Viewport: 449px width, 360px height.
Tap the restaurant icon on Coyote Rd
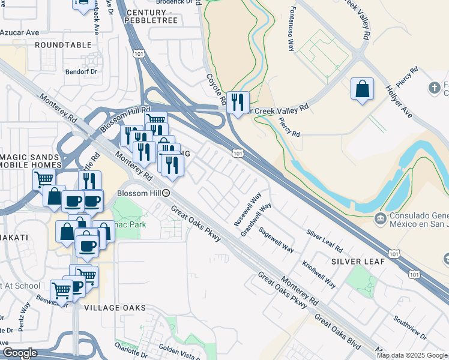[x=238, y=103]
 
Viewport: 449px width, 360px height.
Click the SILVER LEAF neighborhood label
[x=354, y=262]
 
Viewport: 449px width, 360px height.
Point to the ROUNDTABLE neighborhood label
[x=65, y=45]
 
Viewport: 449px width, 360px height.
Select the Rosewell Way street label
[x=248, y=208]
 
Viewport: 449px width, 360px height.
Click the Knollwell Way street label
[x=319, y=274]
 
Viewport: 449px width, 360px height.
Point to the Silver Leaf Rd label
[x=324, y=240]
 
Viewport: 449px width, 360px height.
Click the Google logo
[x=20, y=353]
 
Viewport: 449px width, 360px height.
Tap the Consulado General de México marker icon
[x=379, y=217]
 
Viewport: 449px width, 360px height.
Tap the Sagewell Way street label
[x=276, y=239]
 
